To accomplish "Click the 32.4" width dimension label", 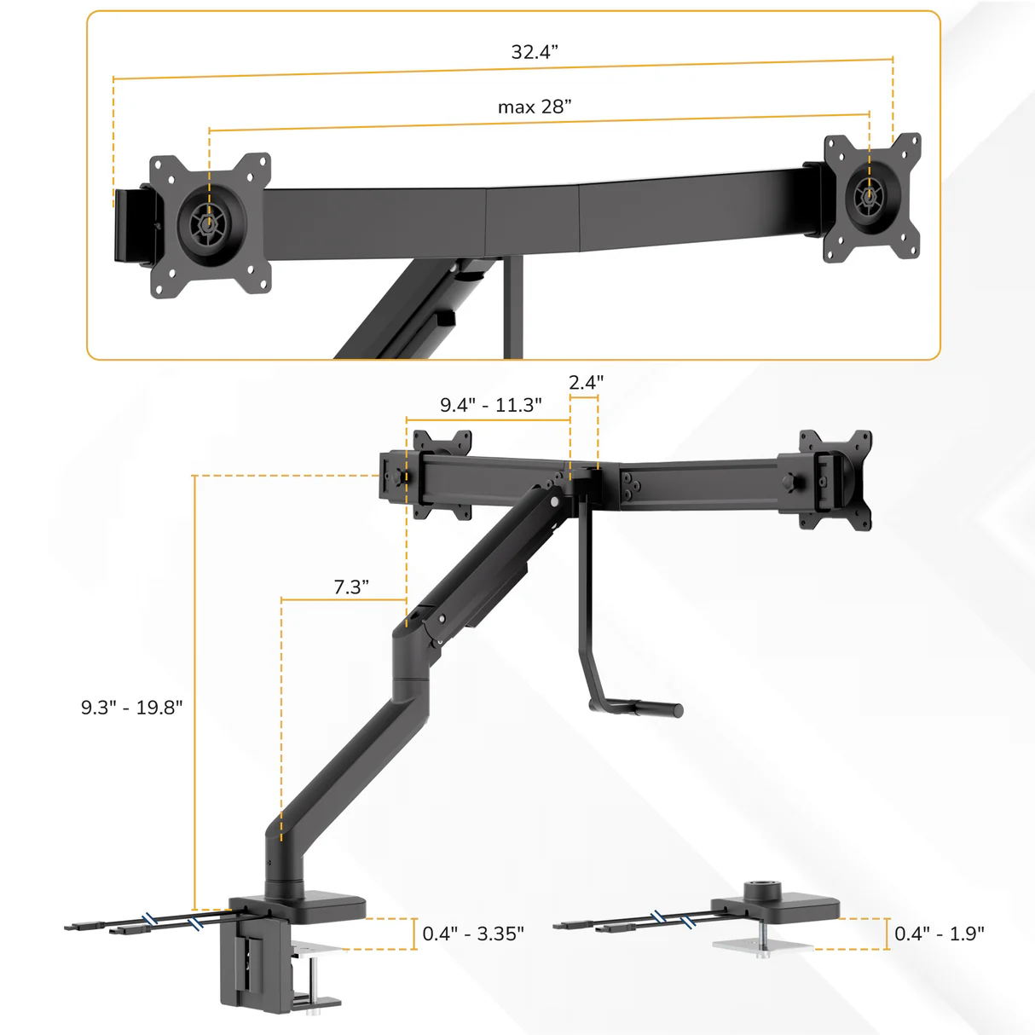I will click(535, 52).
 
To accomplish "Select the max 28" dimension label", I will click(535, 107).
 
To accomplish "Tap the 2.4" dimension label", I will click(586, 383).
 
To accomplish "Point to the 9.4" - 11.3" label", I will click(490, 405).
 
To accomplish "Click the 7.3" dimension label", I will click(350, 587).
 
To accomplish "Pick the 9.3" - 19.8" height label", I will click(131, 708).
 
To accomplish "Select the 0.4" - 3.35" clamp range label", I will click(473, 934).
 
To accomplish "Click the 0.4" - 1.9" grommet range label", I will click(939, 934).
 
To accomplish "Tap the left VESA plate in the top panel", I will click(211, 226).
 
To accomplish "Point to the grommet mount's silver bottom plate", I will click(761, 945).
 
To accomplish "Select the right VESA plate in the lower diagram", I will click(836, 479).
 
